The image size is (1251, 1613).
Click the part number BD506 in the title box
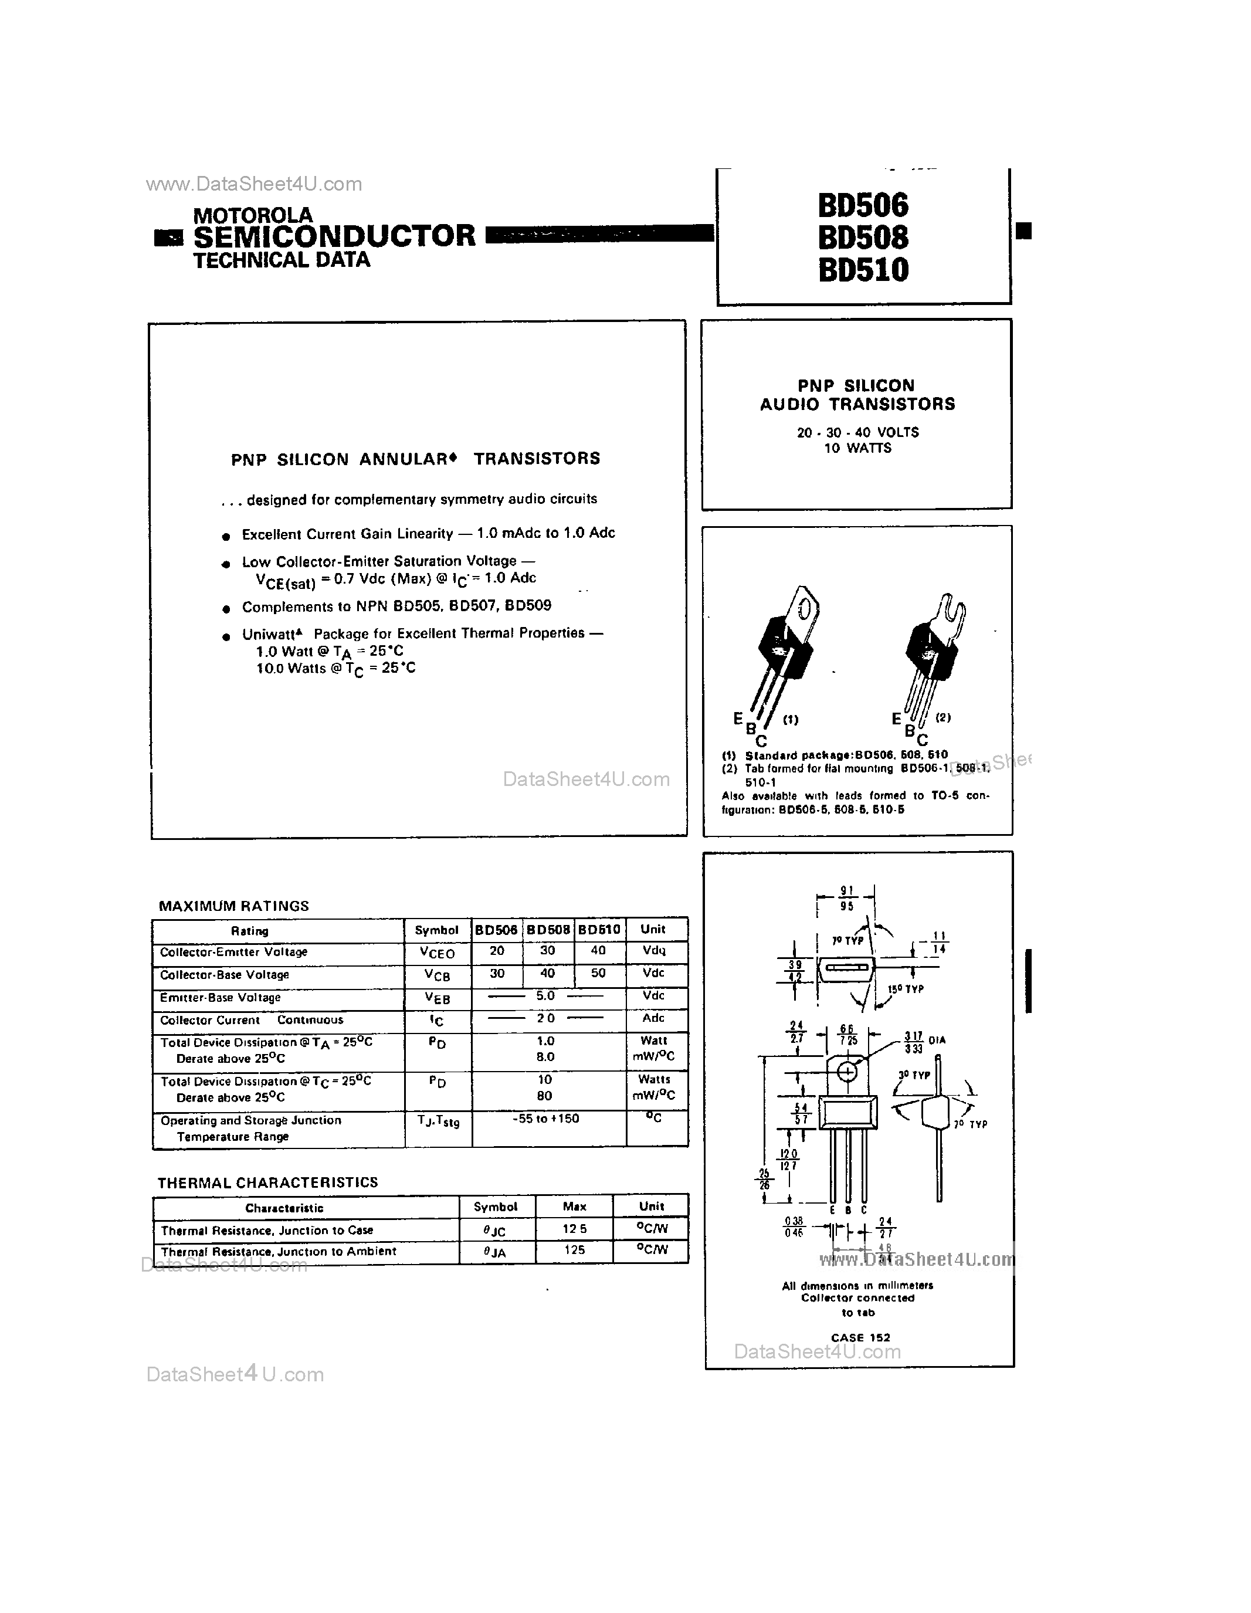pos(863,205)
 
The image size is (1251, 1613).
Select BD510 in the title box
pos(863,270)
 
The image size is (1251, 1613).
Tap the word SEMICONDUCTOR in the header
pos(334,236)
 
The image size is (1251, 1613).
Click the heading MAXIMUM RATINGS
pos(234,906)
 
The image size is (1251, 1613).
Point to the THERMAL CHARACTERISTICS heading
pos(267,1182)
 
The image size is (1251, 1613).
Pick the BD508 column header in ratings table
pos(548,930)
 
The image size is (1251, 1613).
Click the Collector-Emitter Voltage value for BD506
pos(497,951)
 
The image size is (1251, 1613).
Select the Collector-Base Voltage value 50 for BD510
pos(598,974)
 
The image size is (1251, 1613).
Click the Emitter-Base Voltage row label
pos(221,997)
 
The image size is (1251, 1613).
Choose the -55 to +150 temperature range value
pos(546,1119)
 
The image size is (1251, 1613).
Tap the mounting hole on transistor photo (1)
pos(806,609)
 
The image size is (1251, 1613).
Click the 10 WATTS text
pos(857,448)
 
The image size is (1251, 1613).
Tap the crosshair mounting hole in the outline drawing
pos(847,1071)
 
